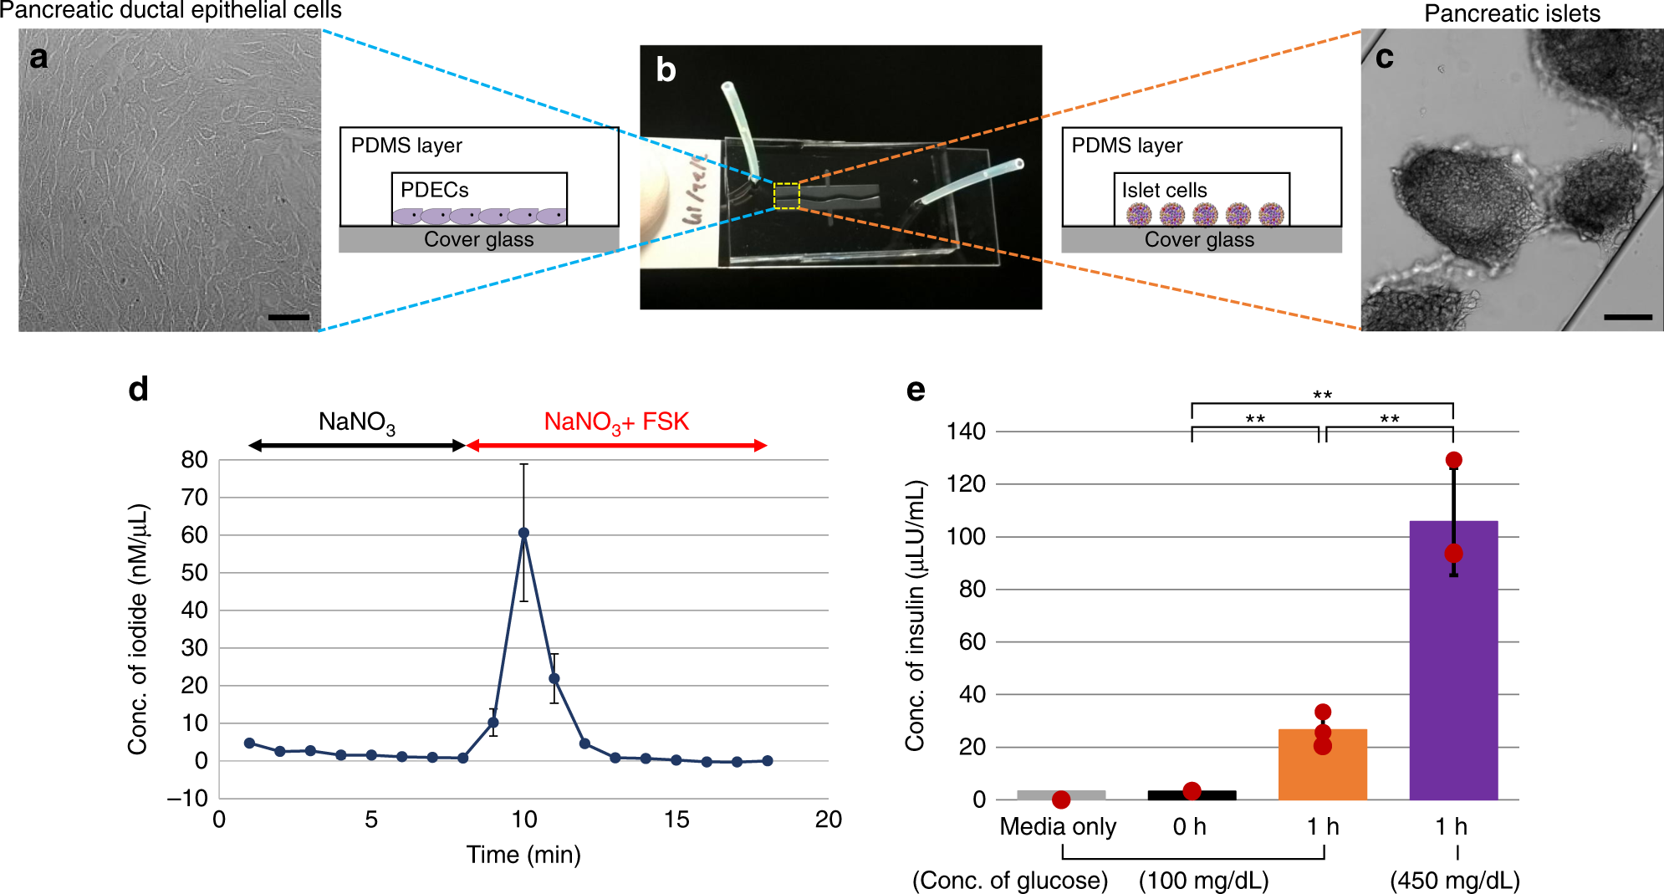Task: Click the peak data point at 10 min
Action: pos(524,533)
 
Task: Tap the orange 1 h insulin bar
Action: pos(1322,764)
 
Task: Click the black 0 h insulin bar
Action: pos(1192,795)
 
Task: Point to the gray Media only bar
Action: pos(1061,794)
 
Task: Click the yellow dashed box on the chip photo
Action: pos(787,196)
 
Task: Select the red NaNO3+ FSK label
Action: pos(616,422)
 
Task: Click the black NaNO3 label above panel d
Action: pos(357,422)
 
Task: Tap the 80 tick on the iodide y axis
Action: pos(195,460)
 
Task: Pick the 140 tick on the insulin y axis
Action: pos(966,432)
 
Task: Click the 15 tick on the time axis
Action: pos(676,820)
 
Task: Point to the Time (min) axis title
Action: pos(523,855)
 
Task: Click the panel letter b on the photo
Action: pos(666,70)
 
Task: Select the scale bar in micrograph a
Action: pos(288,318)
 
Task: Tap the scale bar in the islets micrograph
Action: pos(1627,318)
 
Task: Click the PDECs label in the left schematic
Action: pos(435,190)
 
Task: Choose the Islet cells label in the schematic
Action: pos(1164,191)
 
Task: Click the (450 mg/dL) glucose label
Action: pos(1455,881)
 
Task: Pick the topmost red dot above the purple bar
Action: pos(1454,460)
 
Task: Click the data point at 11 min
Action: pos(554,679)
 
